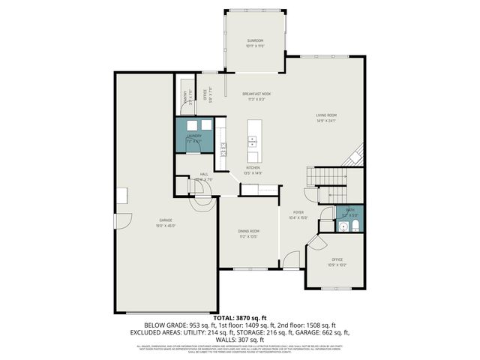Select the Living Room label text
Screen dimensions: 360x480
pos(325,117)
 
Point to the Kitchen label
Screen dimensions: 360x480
pos(253,170)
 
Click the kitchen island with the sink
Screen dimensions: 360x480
pos(253,140)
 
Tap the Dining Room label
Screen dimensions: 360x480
pos(248,232)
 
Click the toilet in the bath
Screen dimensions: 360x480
pos(355,225)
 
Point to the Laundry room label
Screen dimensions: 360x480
pos(193,138)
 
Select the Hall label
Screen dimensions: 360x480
pos(204,177)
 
